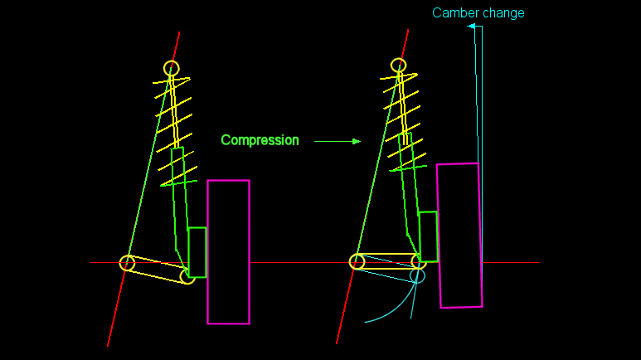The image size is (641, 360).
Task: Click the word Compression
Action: point(260,140)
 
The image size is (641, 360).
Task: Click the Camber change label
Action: point(478,13)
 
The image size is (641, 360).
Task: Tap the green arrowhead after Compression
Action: point(357,141)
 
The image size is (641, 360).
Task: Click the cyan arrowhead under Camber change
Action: point(471,27)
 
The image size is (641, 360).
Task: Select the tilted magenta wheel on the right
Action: point(459,236)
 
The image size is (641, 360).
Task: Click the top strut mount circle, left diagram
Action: point(171,67)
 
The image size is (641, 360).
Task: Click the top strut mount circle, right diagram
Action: point(399,65)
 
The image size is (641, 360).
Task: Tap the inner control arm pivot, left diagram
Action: point(127,263)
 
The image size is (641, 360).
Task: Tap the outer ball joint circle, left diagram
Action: point(187,276)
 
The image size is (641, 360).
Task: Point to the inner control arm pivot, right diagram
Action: point(357,262)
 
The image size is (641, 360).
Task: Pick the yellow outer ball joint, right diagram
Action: point(418,261)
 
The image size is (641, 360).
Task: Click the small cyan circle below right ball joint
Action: point(418,275)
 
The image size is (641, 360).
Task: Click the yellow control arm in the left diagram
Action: point(157,269)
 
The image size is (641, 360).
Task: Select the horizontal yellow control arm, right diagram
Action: point(387,261)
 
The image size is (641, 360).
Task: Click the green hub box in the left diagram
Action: point(197,251)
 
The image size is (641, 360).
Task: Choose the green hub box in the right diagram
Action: point(428,236)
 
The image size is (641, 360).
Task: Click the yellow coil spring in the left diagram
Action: point(175,124)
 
